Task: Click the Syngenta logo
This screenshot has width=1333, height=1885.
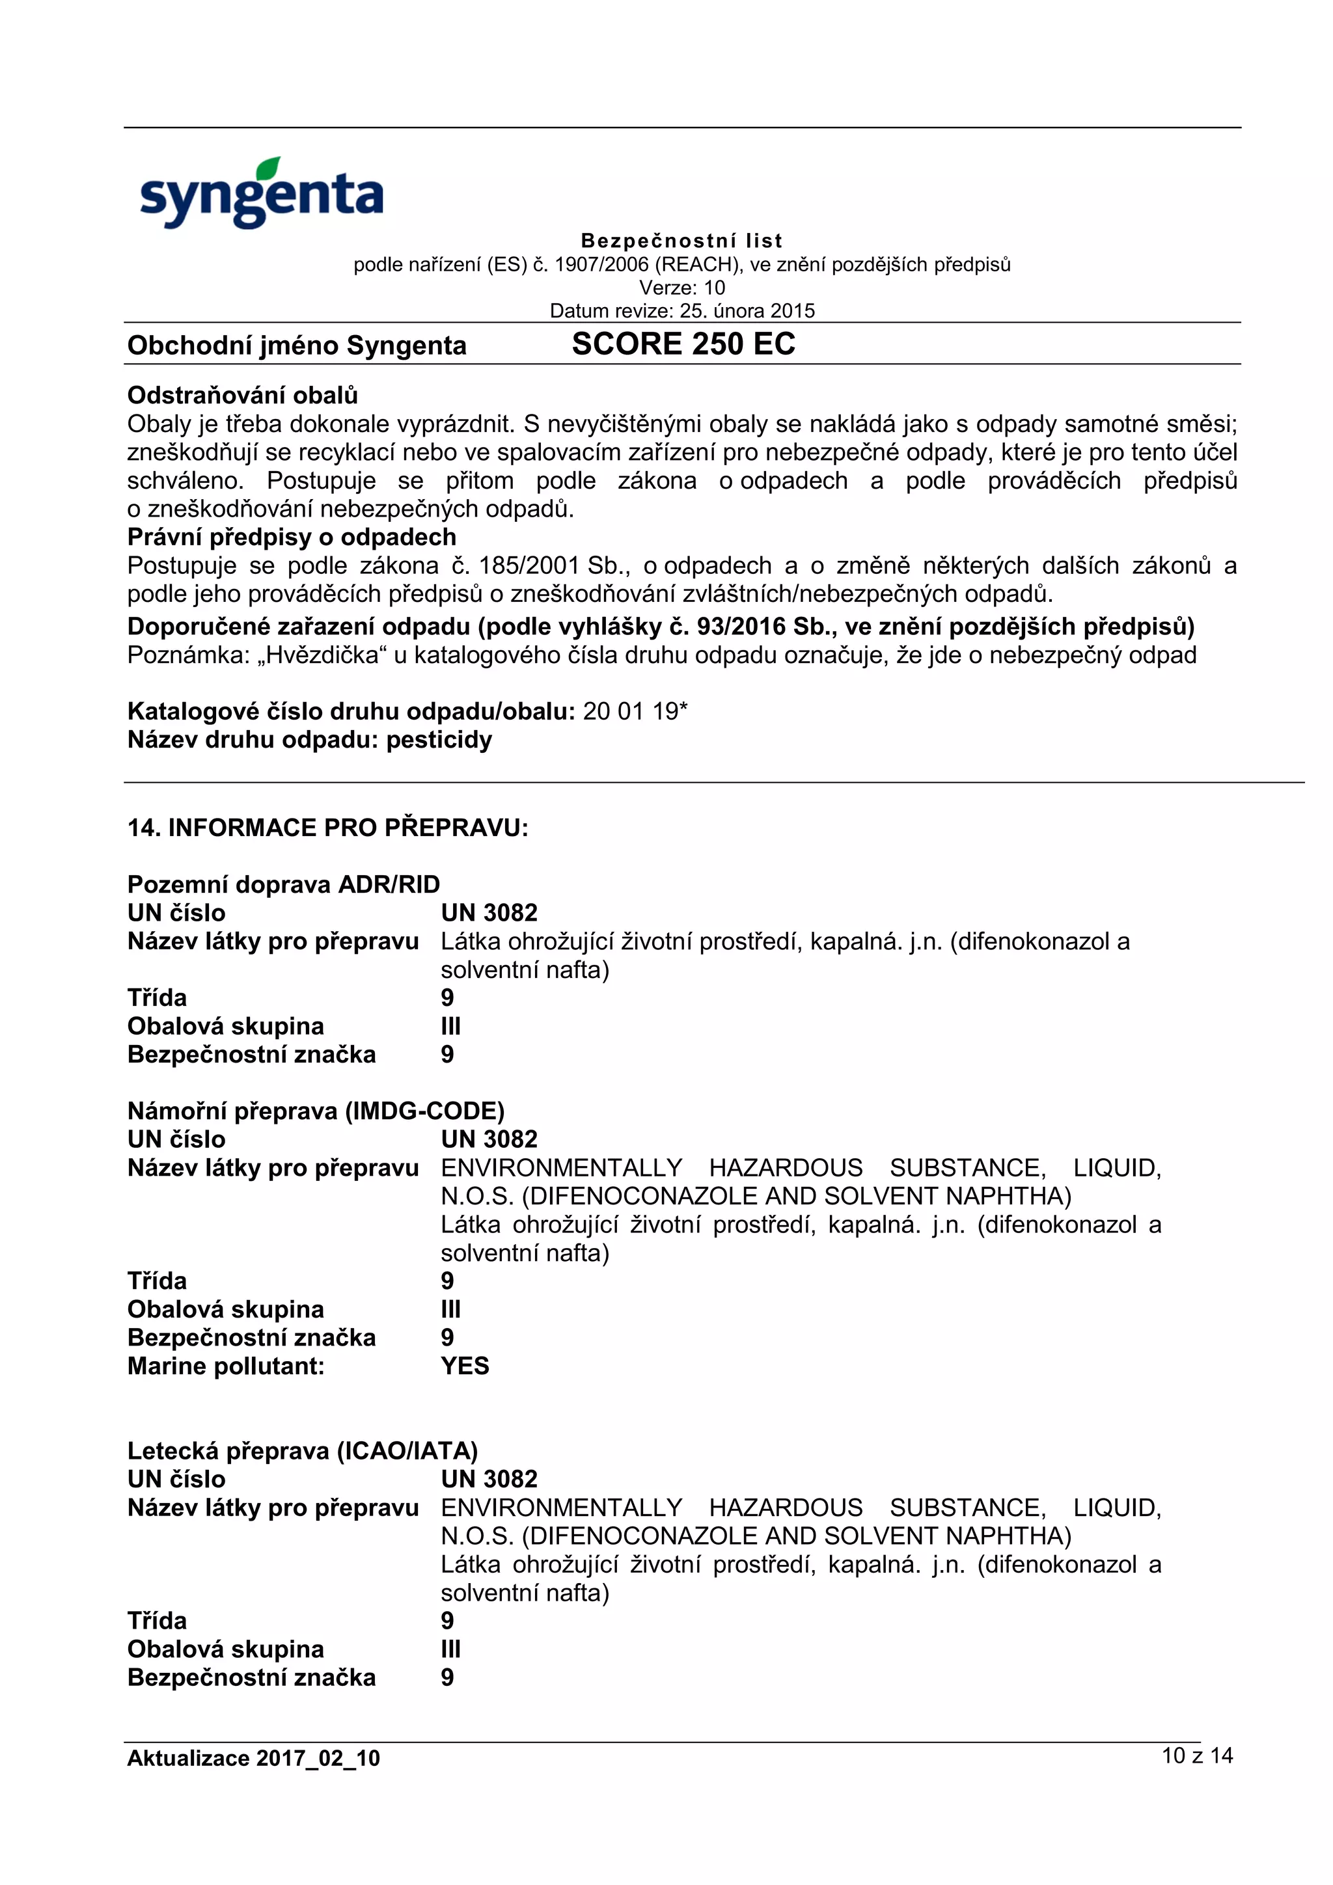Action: click(x=261, y=194)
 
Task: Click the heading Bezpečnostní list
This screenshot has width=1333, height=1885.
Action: click(x=681, y=241)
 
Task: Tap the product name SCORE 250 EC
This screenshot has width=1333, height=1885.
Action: click(x=683, y=344)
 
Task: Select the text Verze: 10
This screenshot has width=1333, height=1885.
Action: click(x=681, y=288)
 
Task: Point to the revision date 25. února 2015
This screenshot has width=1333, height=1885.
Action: click(x=747, y=310)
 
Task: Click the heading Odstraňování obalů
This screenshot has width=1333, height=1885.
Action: click(x=242, y=395)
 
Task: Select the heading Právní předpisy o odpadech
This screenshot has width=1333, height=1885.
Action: click(x=292, y=537)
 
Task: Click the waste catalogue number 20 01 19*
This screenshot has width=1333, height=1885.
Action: click(x=635, y=711)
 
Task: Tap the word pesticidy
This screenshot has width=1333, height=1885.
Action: click(x=439, y=740)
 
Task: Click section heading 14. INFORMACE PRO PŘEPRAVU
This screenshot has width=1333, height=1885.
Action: click(x=327, y=828)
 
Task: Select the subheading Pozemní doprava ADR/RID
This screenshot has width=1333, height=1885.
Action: click(x=283, y=884)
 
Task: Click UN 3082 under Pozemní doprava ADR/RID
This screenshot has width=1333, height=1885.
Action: click(x=489, y=913)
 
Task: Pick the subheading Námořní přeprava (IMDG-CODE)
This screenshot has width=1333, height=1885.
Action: click(x=316, y=1111)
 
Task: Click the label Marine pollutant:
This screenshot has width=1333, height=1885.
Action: click(x=226, y=1366)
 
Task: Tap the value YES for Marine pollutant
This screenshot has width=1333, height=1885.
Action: click(x=465, y=1366)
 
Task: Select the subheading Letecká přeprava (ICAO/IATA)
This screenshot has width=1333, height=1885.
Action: click(x=302, y=1451)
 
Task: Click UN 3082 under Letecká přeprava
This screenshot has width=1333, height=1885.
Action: click(x=489, y=1480)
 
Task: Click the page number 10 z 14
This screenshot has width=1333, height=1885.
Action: click(x=1197, y=1756)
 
